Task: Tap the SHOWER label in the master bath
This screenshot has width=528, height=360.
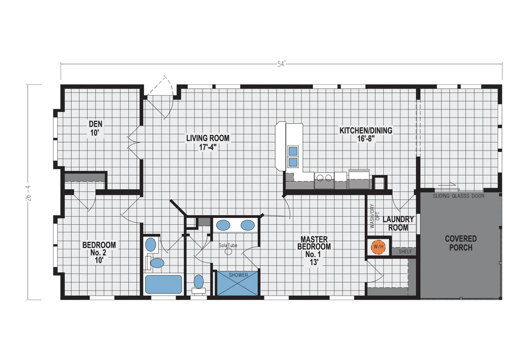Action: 238,275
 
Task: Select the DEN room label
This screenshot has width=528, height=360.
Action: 95,124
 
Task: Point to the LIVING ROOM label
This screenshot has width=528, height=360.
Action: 208,138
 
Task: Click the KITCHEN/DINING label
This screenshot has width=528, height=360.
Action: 366,130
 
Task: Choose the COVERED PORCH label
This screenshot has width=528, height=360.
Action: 461,243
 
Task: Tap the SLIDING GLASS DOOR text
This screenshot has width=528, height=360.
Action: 458,196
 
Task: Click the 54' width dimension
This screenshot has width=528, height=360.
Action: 281,64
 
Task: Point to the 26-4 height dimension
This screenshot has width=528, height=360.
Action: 29,193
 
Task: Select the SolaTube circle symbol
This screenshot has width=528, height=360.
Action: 228,251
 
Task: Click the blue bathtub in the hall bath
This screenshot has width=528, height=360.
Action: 163,284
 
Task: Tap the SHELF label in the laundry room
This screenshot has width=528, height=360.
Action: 405,252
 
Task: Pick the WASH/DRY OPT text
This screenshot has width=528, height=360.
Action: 375,216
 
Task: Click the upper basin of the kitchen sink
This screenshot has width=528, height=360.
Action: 293,151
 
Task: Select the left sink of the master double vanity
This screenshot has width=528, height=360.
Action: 223,225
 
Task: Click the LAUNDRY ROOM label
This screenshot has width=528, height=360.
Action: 398,224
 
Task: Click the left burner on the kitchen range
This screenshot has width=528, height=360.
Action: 320,178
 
